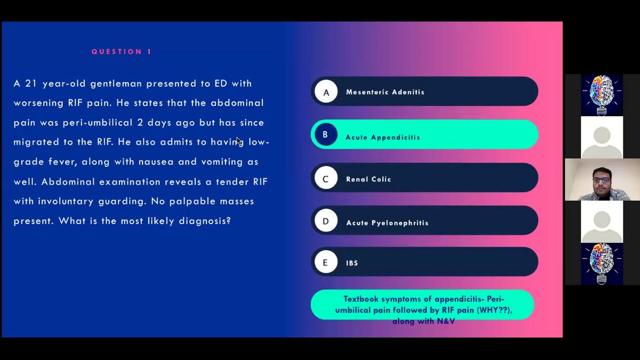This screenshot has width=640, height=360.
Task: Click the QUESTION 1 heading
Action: pyautogui.click(x=122, y=52)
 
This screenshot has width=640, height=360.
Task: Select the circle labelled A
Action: pyautogui.click(x=326, y=91)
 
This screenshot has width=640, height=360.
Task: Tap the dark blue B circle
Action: pyautogui.click(x=326, y=134)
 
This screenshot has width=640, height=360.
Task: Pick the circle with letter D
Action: pyautogui.click(x=326, y=220)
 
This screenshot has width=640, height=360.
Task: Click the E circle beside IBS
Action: pyautogui.click(x=326, y=262)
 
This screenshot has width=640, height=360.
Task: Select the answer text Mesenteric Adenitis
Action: pyautogui.click(x=385, y=92)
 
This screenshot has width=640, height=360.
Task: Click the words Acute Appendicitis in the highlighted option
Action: pyautogui.click(x=383, y=138)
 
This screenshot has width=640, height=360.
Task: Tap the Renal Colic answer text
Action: pyautogui.click(x=369, y=179)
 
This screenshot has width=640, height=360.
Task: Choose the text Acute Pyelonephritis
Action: pyautogui.click(x=387, y=223)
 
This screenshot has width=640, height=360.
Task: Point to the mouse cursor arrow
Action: pyautogui.click(x=239, y=141)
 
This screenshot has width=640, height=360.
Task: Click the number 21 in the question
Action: pyautogui.click(x=31, y=84)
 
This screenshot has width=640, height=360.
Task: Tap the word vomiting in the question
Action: pyautogui.click(x=222, y=162)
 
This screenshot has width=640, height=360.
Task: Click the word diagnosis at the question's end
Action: pyautogui.click(x=205, y=221)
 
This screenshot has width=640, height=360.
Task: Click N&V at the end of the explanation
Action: pyautogui.click(x=446, y=322)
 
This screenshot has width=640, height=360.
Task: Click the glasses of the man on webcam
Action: pyautogui.click(x=602, y=180)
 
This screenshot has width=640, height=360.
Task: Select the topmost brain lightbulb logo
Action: pyautogui.click(x=602, y=95)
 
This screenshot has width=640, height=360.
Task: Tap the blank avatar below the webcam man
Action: pyautogui.click(x=602, y=222)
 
